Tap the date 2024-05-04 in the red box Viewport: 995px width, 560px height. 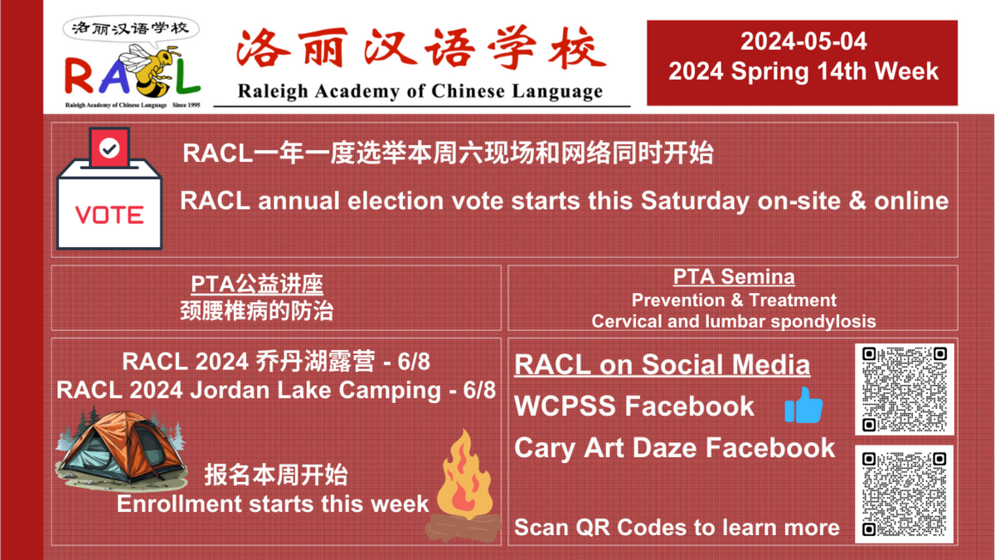803,41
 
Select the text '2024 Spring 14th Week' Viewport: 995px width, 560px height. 803,72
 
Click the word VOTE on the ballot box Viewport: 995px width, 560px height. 109,215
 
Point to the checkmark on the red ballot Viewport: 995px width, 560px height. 109,148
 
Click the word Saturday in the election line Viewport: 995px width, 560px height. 695,202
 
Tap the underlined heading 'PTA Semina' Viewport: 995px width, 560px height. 734,277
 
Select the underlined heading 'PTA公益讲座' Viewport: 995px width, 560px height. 257,284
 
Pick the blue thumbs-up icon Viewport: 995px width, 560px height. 803,406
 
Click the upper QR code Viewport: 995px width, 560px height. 905,389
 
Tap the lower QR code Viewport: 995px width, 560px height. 905,494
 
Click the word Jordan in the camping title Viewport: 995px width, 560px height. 230,391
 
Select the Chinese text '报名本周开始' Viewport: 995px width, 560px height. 275,475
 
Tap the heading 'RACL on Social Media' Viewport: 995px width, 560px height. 662,365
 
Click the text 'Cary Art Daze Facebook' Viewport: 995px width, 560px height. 675,448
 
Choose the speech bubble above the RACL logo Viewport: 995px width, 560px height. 131,29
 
